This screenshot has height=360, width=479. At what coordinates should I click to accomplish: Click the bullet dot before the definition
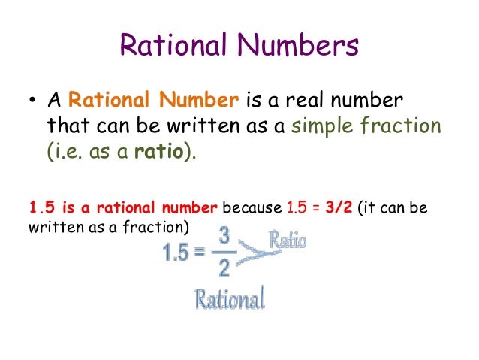(34, 100)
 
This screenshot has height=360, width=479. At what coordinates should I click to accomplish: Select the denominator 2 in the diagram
(224, 268)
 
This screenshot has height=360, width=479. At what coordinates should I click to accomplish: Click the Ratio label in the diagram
(288, 241)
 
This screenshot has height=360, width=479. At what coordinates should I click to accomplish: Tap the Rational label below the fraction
(230, 300)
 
